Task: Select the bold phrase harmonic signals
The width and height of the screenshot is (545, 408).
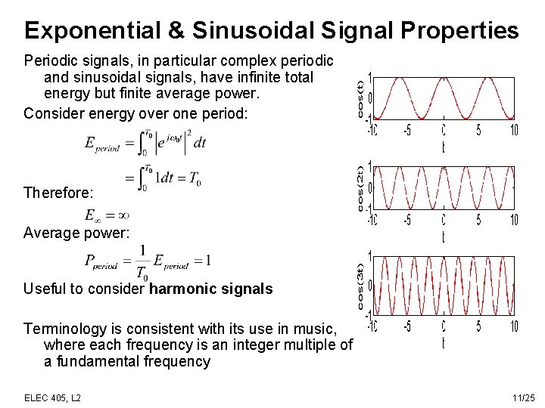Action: click(211, 289)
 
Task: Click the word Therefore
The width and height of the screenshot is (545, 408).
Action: click(55, 193)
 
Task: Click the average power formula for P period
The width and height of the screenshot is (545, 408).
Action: click(148, 261)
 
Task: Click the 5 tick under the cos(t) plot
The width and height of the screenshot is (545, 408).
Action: click(478, 131)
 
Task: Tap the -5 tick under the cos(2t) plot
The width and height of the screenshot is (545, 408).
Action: click(407, 221)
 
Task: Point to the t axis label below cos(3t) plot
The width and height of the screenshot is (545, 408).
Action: click(444, 344)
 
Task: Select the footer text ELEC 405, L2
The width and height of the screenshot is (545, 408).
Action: click(53, 397)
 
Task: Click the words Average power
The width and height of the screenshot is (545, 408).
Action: click(76, 233)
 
